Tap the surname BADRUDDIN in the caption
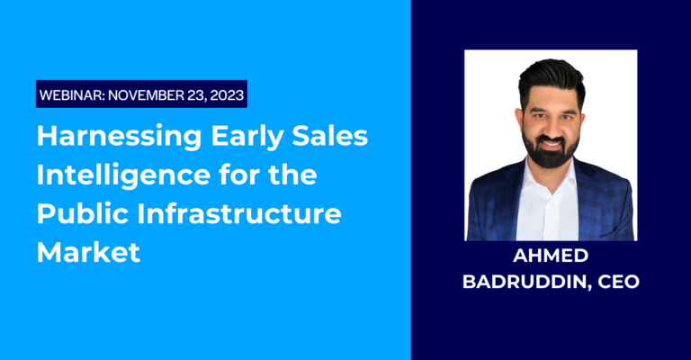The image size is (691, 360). pos(526,282)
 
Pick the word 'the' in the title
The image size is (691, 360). pos(294,175)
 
